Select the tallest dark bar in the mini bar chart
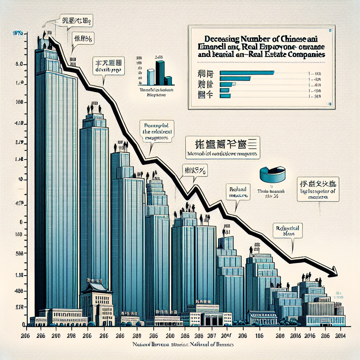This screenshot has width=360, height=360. (x=160, y=73)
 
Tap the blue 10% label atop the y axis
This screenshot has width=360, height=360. (x=18, y=34)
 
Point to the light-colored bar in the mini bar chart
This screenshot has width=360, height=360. (x=151, y=77)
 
